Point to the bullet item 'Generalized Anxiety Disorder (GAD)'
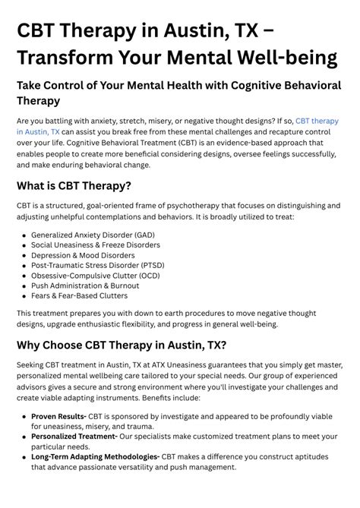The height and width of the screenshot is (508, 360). tap(93, 235)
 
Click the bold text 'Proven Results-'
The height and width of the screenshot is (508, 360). tap(58, 417)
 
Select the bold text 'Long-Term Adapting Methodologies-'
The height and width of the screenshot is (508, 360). tap(95, 456)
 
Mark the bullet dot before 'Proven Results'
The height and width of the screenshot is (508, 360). tap(24, 418)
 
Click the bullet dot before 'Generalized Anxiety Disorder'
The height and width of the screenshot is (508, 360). tap(24, 236)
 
